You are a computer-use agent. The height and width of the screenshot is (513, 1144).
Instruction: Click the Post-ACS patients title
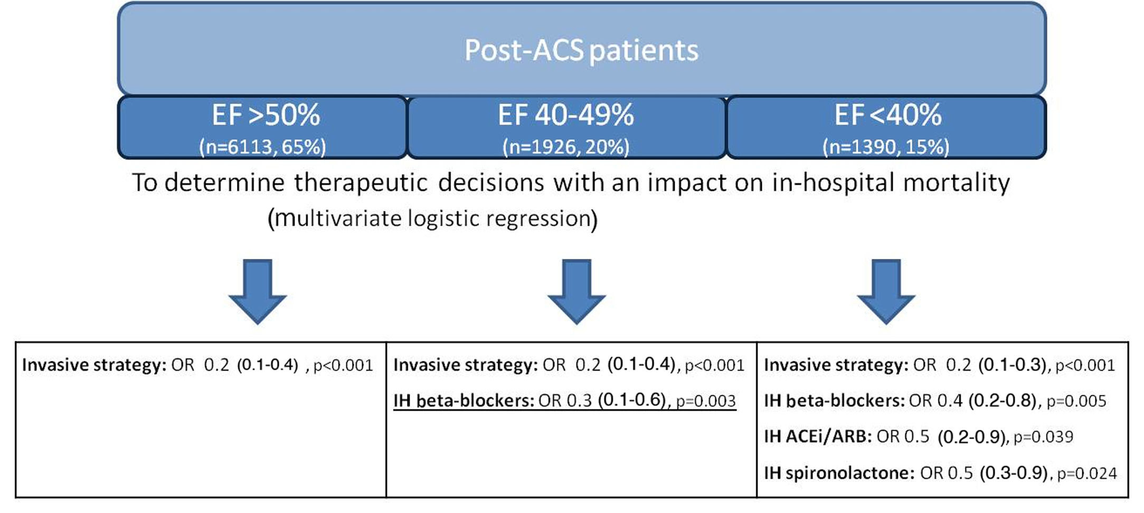click(x=581, y=51)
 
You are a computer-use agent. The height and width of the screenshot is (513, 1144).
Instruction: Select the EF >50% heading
click(x=266, y=115)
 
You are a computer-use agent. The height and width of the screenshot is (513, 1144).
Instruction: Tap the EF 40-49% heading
click(x=566, y=115)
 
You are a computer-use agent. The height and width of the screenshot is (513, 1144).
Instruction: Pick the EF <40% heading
click(x=887, y=115)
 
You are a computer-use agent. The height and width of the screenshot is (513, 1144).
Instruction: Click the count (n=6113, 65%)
click(x=262, y=147)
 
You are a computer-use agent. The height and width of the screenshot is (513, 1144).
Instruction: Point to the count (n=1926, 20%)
click(x=566, y=147)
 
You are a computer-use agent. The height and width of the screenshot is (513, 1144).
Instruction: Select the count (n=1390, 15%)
click(x=886, y=147)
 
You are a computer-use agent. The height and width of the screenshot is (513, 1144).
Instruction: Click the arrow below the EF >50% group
click(x=258, y=292)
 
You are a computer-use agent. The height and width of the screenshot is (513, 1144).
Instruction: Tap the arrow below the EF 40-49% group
click(x=576, y=292)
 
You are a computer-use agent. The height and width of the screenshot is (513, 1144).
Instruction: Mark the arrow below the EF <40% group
click(x=886, y=292)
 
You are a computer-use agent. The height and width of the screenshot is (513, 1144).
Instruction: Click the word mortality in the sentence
click(x=956, y=183)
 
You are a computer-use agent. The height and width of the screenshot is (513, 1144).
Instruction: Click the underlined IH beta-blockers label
click(x=464, y=400)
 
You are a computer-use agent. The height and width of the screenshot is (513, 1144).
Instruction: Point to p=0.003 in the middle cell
click(x=706, y=401)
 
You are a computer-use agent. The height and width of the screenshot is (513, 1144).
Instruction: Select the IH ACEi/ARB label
click(x=818, y=436)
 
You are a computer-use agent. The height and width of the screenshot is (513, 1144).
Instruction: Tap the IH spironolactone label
click(x=839, y=473)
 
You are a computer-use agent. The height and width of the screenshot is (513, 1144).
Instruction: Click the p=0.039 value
click(x=1043, y=437)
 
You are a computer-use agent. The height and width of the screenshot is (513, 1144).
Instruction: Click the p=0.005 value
click(x=1076, y=401)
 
